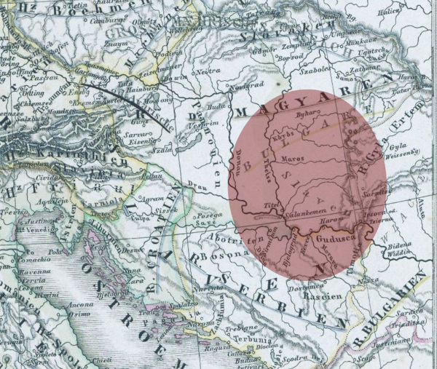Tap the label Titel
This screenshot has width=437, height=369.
274,205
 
